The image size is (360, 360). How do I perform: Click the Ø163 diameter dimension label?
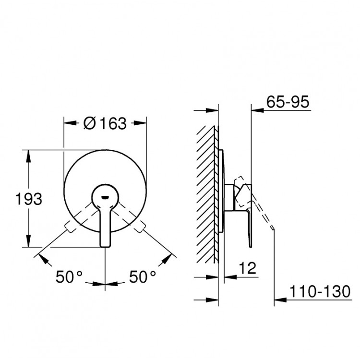[105, 123]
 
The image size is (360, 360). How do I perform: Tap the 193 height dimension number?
[29, 199]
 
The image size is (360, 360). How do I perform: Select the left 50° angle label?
[69, 276]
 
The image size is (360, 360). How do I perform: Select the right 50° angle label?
[143, 276]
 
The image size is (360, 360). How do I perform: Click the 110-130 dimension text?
[320, 291]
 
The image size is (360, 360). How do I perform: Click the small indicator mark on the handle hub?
[105, 197]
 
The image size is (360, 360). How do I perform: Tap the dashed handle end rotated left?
[70, 227]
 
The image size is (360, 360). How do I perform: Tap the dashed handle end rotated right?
[140, 227]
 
